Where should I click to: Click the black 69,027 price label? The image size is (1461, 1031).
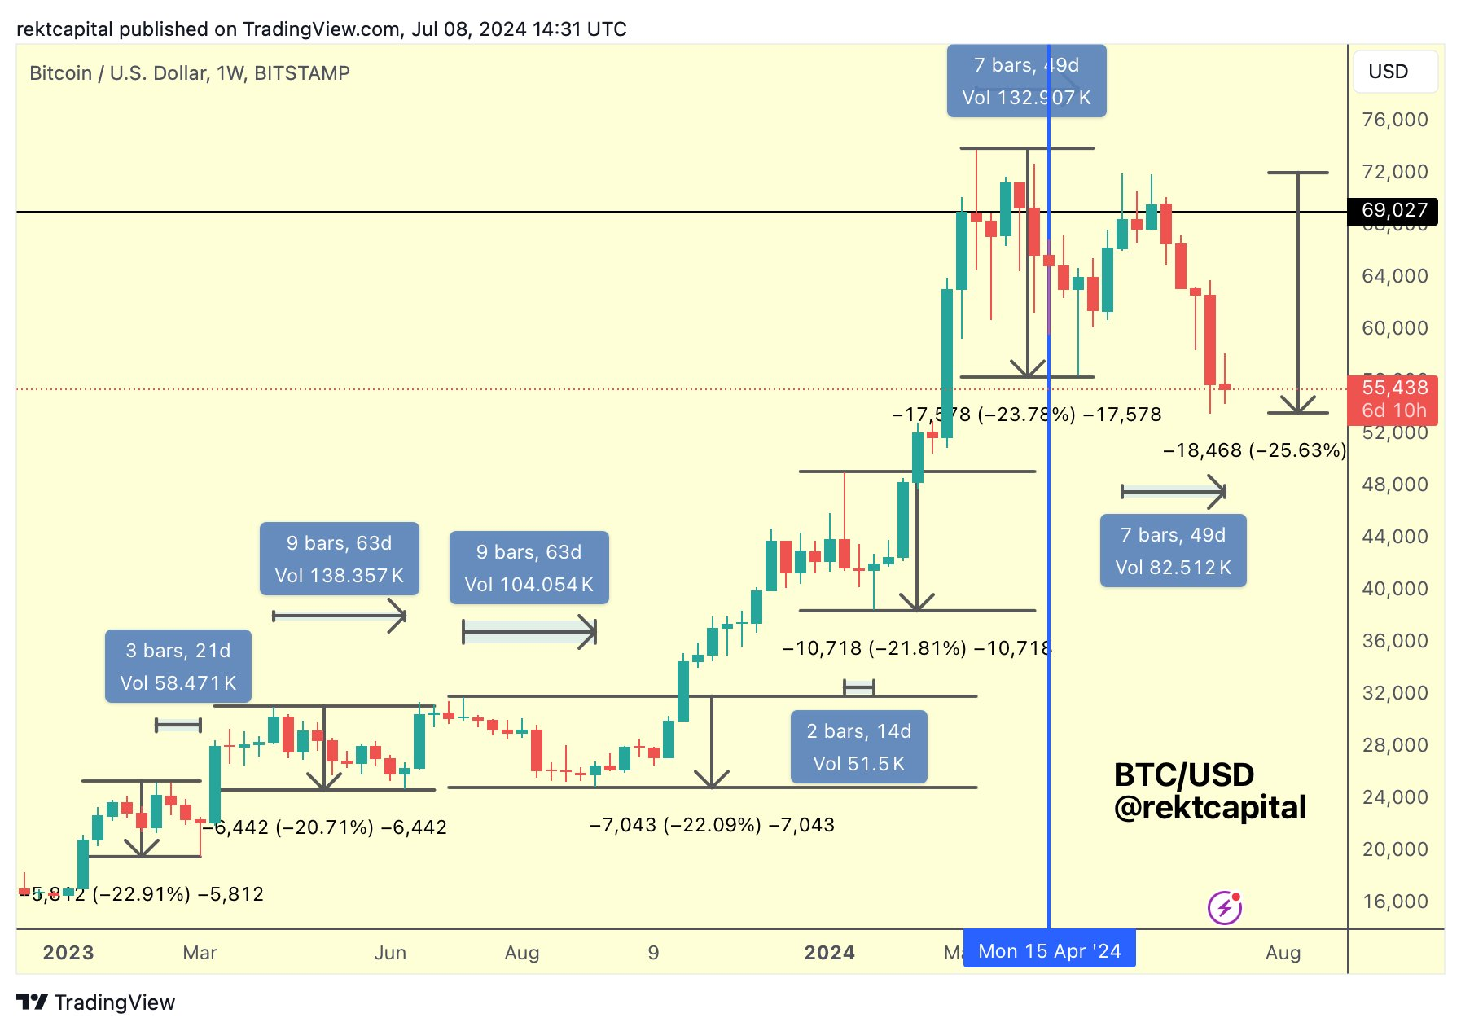pos(1393,211)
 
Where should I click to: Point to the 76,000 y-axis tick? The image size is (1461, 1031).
pos(1395,120)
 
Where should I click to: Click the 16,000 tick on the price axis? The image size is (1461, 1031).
pos(1395,901)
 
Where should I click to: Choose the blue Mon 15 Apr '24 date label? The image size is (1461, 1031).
pos(1049,950)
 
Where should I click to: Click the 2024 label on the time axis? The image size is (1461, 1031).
pos(829,952)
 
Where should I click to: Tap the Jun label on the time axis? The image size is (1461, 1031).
pos(390,952)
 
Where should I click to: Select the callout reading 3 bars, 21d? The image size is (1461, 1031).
pos(178,666)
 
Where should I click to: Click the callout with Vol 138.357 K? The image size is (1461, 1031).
pos(339,559)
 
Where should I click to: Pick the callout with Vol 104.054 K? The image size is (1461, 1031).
pos(529,568)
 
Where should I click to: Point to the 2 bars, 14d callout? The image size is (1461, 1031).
pos(858,747)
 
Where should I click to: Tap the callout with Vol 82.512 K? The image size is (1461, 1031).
pos(1173,551)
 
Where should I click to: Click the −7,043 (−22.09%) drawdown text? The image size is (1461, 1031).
pos(712,825)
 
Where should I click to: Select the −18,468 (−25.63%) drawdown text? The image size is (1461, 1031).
pos(1254,450)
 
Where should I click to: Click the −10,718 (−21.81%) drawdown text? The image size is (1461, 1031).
pos(917,648)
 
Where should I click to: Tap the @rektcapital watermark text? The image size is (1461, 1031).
pos(1209,807)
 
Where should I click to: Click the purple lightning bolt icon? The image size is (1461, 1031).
pos(1224,907)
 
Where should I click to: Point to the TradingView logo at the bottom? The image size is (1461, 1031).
pos(96,1002)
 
